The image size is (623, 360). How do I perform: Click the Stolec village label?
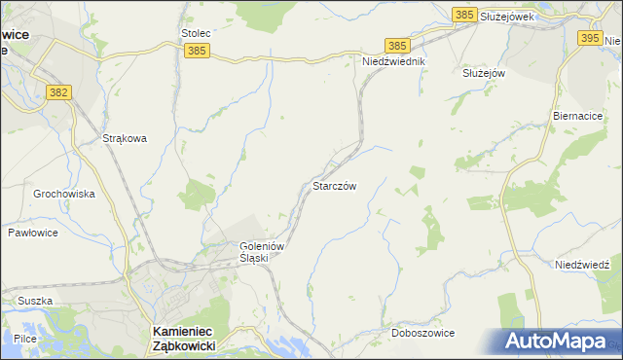[196, 33]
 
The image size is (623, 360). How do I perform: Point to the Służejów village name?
[483, 73]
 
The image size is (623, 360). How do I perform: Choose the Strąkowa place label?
[125, 138]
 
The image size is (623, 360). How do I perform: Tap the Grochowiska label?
[64, 194]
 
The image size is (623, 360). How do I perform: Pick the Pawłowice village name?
[34, 234]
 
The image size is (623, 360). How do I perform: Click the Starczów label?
[340, 185]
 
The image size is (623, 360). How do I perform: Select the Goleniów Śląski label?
[261, 252]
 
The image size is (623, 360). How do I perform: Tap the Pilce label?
[25, 338]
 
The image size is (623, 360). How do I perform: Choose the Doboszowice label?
[422, 333]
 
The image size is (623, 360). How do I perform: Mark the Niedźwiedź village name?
[581, 265]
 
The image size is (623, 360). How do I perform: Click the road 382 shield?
[59, 91]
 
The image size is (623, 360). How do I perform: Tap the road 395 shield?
[589, 38]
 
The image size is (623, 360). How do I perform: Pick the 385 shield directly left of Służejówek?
[464, 15]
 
